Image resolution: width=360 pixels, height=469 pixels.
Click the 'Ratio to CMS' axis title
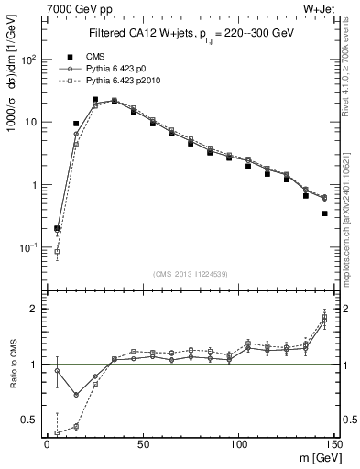pyautogui.click(x=12, y=379)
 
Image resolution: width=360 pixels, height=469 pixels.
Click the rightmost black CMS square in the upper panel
pyautogui.click(x=325, y=213)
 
